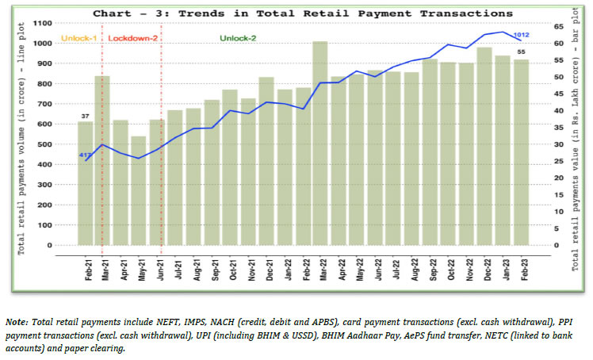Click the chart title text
(302, 13)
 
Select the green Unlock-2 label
(238, 38)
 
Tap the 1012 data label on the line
(520, 34)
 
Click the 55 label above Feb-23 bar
(522, 52)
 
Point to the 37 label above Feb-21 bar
(85, 116)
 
